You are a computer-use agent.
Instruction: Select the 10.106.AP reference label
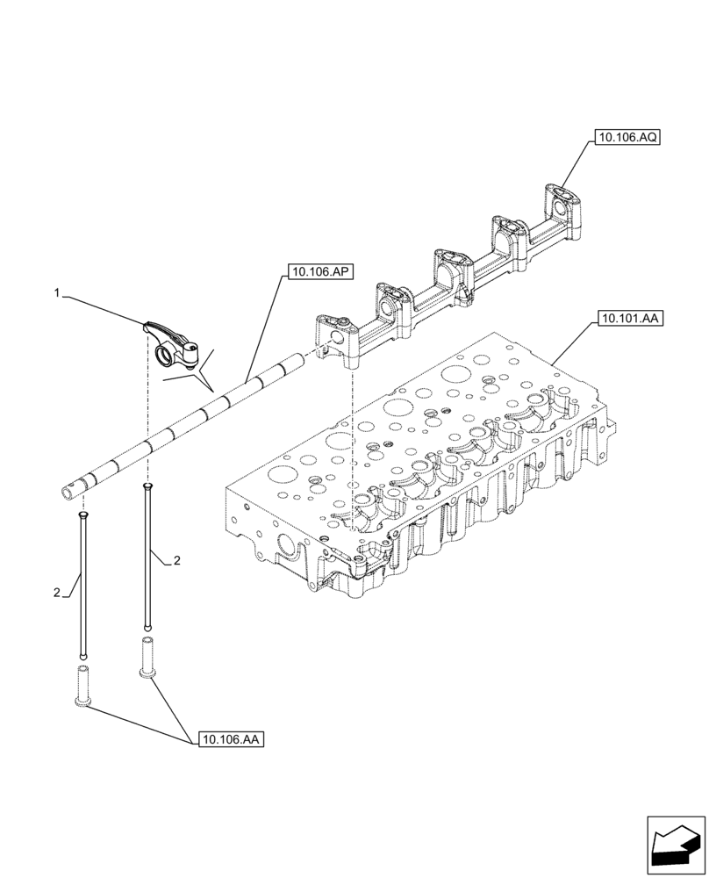click(318, 273)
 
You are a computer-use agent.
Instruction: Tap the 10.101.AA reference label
click(630, 319)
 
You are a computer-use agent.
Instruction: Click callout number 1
click(58, 295)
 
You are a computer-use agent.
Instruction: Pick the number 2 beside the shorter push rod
click(56, 592)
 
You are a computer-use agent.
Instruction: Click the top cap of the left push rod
click(82, 517)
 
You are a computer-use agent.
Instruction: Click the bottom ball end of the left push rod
click(82, 654)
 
